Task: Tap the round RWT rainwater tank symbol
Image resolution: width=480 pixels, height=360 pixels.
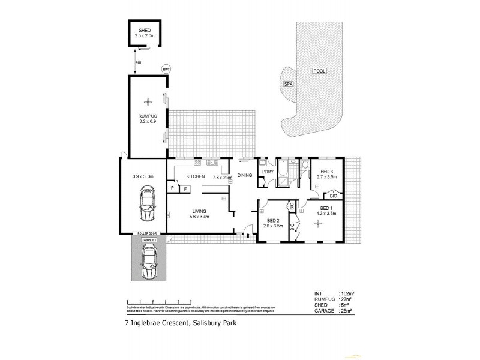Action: (166, 69)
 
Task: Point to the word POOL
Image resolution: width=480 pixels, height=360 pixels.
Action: (319, 71)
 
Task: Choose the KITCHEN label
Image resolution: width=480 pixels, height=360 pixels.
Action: (196, 177)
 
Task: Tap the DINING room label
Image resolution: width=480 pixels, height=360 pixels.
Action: (244, 176)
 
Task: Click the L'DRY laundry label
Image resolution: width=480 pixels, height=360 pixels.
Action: (267, 173)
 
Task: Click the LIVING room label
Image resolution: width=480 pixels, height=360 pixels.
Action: (200, 211)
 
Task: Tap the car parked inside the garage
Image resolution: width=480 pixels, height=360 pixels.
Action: (148, 204)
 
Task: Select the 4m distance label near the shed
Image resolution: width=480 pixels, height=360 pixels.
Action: (139, 62)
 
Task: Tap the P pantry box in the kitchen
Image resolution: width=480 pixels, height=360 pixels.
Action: (172, 188)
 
